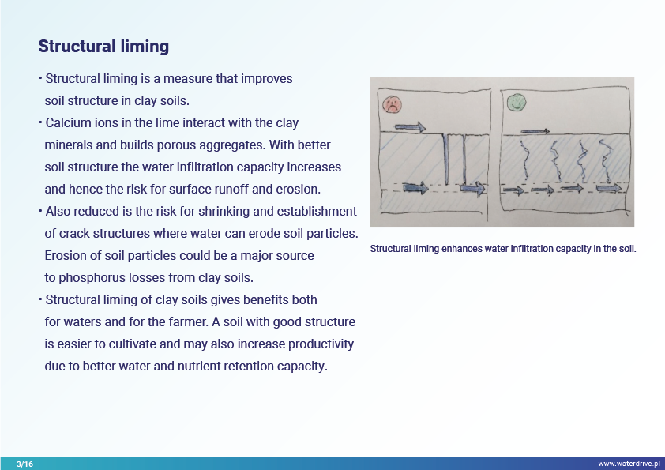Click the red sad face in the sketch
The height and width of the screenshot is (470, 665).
pos(392,104)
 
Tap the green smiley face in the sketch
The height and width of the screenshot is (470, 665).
pos(517,102)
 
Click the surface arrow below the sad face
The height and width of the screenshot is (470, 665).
pos(410,127)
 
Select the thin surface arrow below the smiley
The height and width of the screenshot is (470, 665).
pos(535,131)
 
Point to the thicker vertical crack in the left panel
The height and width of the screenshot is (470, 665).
pos(446,160)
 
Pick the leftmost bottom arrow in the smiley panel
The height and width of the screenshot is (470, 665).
pos(513,190)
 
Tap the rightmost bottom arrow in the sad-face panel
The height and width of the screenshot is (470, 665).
pos(472,188)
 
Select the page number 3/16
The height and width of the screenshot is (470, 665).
pos(24,464)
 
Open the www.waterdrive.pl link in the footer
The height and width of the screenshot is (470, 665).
pos(629,464)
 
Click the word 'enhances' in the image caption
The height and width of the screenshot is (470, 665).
pos(461,249)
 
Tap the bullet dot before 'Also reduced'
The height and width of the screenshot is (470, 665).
pos(40,211)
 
